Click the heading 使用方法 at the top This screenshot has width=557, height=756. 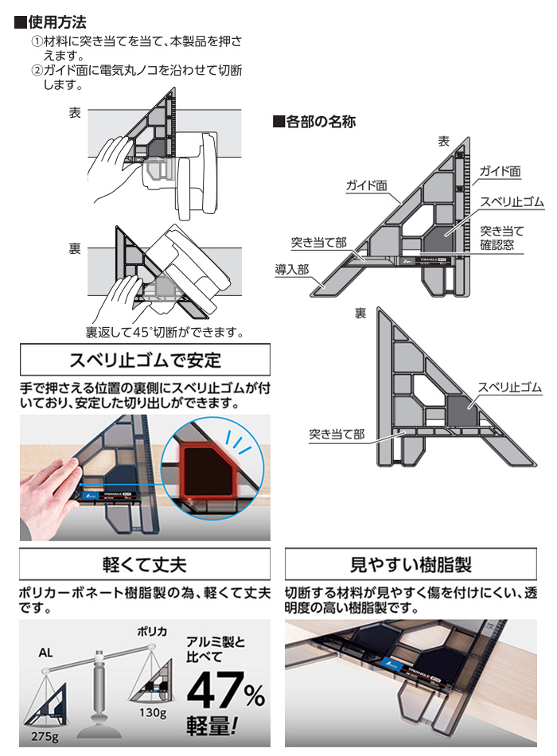coord(56,21)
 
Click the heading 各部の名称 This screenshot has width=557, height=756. coord(319,123)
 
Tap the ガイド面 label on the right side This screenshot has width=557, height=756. coord(501,171)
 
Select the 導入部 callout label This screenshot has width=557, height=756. coord(292,269)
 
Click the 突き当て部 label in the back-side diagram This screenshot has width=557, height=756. coord(337,435)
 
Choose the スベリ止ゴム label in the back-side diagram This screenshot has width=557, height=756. coord(509,388)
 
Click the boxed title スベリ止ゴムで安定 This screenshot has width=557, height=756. coord(144,360)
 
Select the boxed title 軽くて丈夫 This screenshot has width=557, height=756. coord(144,566)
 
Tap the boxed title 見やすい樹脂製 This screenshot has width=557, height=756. coord(411,566)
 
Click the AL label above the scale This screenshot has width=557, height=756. coord(47,651)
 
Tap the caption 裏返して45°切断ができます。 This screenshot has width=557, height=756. coord(164,331)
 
